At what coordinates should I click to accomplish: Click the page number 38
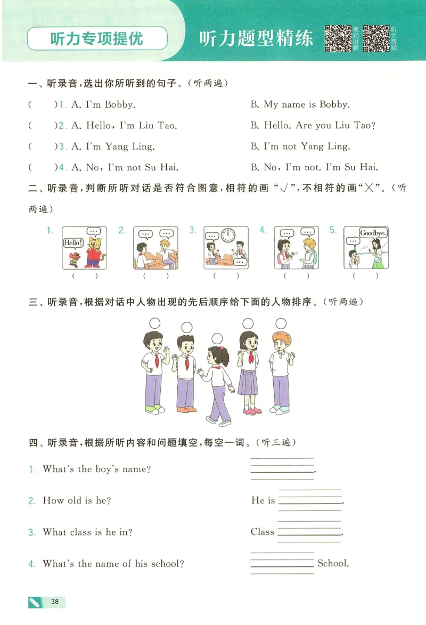click(54, 602)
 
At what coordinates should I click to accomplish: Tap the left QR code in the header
click(338, 38)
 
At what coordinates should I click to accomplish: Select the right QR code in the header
click(376, 38)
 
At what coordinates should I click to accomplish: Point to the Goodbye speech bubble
click(373, 233)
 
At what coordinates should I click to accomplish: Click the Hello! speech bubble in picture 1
click(72, 243)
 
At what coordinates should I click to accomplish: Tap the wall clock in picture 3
click(228, 235)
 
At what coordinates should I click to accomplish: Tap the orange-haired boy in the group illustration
click(281, 374)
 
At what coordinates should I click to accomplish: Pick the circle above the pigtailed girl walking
click(217, 338)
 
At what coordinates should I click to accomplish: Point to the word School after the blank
click(333, 563)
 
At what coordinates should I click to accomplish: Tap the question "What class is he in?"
click(88, 532)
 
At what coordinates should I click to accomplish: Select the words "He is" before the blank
click(263, 500)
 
